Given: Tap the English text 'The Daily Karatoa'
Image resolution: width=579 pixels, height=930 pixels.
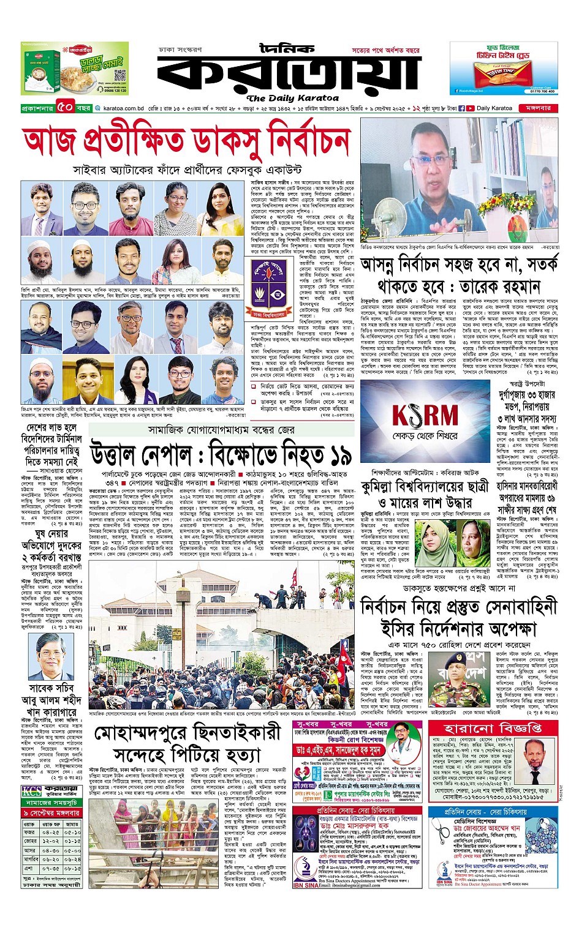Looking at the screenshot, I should tap(292, 98).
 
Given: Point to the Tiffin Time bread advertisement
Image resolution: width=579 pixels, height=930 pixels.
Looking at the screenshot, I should tap(504, 69).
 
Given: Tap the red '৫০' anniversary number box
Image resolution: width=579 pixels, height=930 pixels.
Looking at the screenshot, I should tap(66, 108).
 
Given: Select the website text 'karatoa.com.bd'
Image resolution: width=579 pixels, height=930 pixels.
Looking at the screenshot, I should tap(123, 108).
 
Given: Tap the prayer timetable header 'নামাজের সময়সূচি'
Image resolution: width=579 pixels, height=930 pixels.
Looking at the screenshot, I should tap(51, 802).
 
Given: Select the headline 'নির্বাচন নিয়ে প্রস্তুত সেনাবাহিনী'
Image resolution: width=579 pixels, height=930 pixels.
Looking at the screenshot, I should tap(459, 607).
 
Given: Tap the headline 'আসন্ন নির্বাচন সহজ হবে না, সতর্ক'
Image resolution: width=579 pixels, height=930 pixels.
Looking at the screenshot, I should tap(459, 264).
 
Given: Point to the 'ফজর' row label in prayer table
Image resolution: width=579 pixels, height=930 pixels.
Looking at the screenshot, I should tap(29, 832).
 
